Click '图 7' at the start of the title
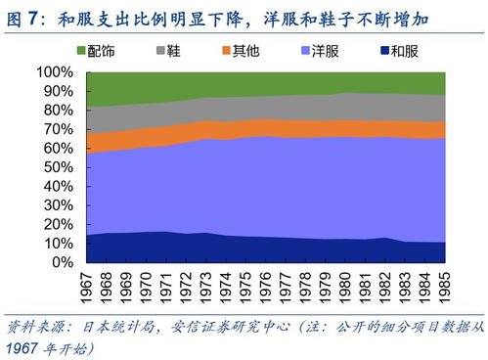point(22,17)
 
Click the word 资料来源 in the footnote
point(34,326)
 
